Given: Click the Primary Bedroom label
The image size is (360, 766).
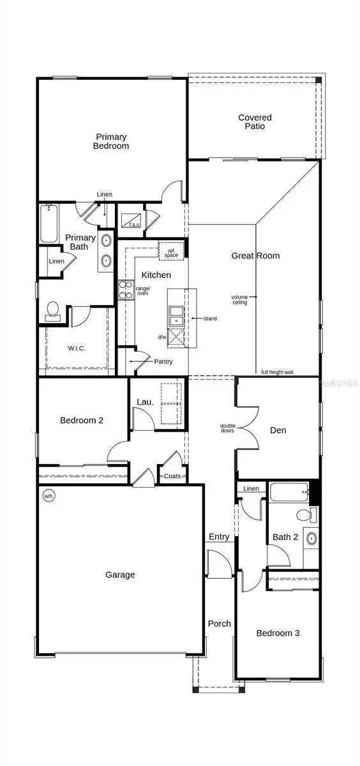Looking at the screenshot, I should click(x=112, y=141).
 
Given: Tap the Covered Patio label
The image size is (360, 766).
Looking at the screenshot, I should click(x=255, y=122).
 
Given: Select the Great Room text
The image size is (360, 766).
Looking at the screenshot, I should click(x=255, y=256).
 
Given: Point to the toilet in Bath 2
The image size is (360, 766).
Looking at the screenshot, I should click(x=305, y=515).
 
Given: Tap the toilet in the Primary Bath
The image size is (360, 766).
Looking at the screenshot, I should click(x=53, y=312).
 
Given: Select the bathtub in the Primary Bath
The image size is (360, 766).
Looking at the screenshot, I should click(x=49, y=223).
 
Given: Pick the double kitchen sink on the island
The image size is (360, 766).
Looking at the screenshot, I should click(x=176, y=315).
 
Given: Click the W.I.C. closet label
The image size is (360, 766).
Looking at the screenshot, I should click(x=77, y=348).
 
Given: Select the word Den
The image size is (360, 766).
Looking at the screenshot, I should click(x=278, y=430).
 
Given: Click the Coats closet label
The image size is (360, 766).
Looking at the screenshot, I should click(x=173, y=476).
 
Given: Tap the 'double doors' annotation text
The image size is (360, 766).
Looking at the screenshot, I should click(x=227, y=428).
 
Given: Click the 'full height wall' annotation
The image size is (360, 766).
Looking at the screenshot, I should click(x=277, y=372).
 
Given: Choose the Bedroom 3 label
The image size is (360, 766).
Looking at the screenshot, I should click(x=278, y=633).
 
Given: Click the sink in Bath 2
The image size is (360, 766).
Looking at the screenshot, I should click(x=311, y=539).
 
